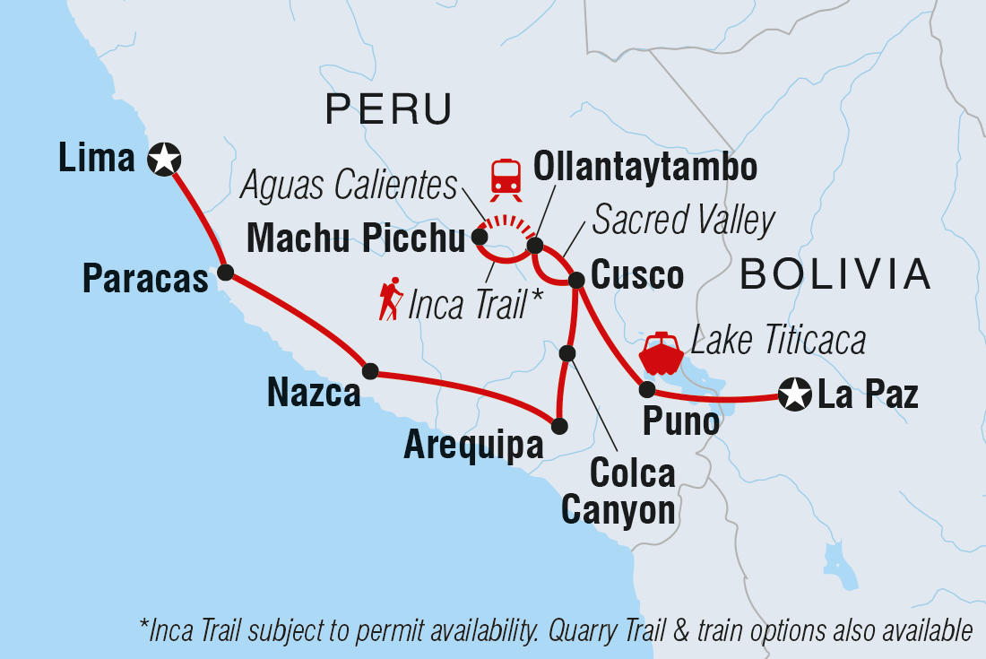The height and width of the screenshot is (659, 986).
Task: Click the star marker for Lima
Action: point(165,160)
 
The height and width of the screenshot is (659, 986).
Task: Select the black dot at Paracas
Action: point(226,272)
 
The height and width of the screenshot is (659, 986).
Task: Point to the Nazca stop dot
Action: point(369,371)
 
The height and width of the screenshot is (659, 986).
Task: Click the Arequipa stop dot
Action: point(559,427)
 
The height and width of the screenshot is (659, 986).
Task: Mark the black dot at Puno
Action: point(646,389)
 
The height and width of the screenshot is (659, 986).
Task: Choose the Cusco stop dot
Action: point(577,281)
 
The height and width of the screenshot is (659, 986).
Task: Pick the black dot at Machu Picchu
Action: point(480,238)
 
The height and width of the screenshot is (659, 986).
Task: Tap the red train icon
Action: point(506,178)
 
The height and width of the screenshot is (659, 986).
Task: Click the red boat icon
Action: point(661,353)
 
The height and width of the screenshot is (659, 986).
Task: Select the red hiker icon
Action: point(390,299)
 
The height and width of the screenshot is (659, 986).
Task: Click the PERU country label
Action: point(388,110)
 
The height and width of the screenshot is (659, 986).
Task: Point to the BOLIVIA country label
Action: point(835,273)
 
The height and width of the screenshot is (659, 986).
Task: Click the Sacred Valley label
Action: point(684,220)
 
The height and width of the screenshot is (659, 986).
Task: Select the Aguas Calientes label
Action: point(350,186)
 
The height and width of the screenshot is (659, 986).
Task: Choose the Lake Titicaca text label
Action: point(778,341)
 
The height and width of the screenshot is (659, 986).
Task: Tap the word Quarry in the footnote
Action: point(587,631)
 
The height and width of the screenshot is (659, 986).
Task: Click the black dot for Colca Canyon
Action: point(567,353)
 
